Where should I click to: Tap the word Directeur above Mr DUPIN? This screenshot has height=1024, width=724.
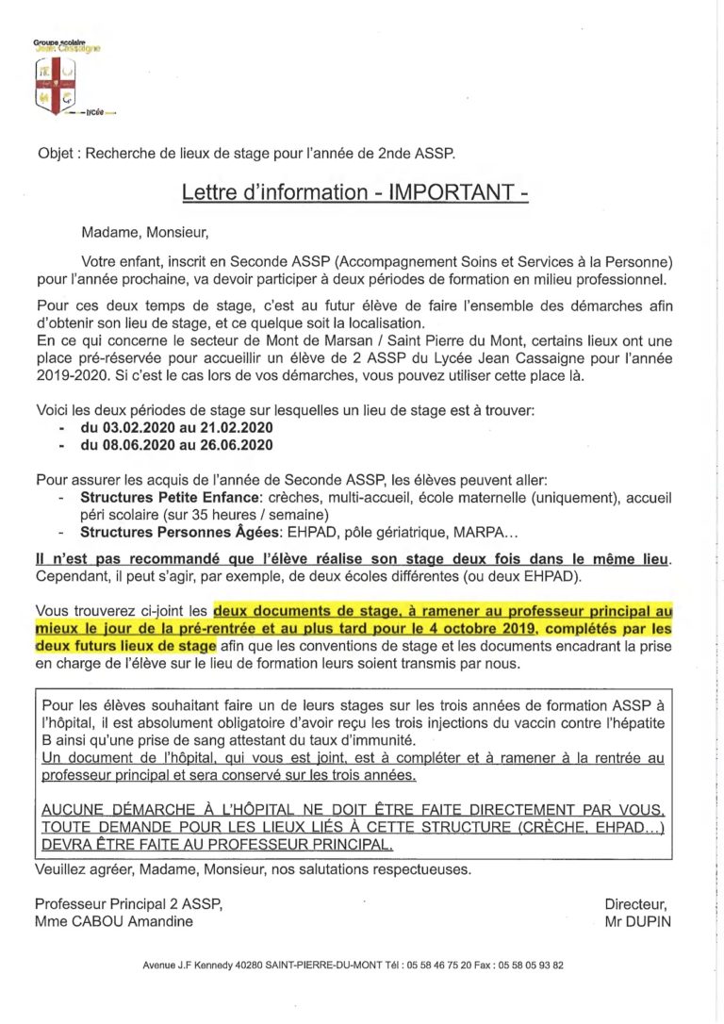(x=637, y=903)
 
